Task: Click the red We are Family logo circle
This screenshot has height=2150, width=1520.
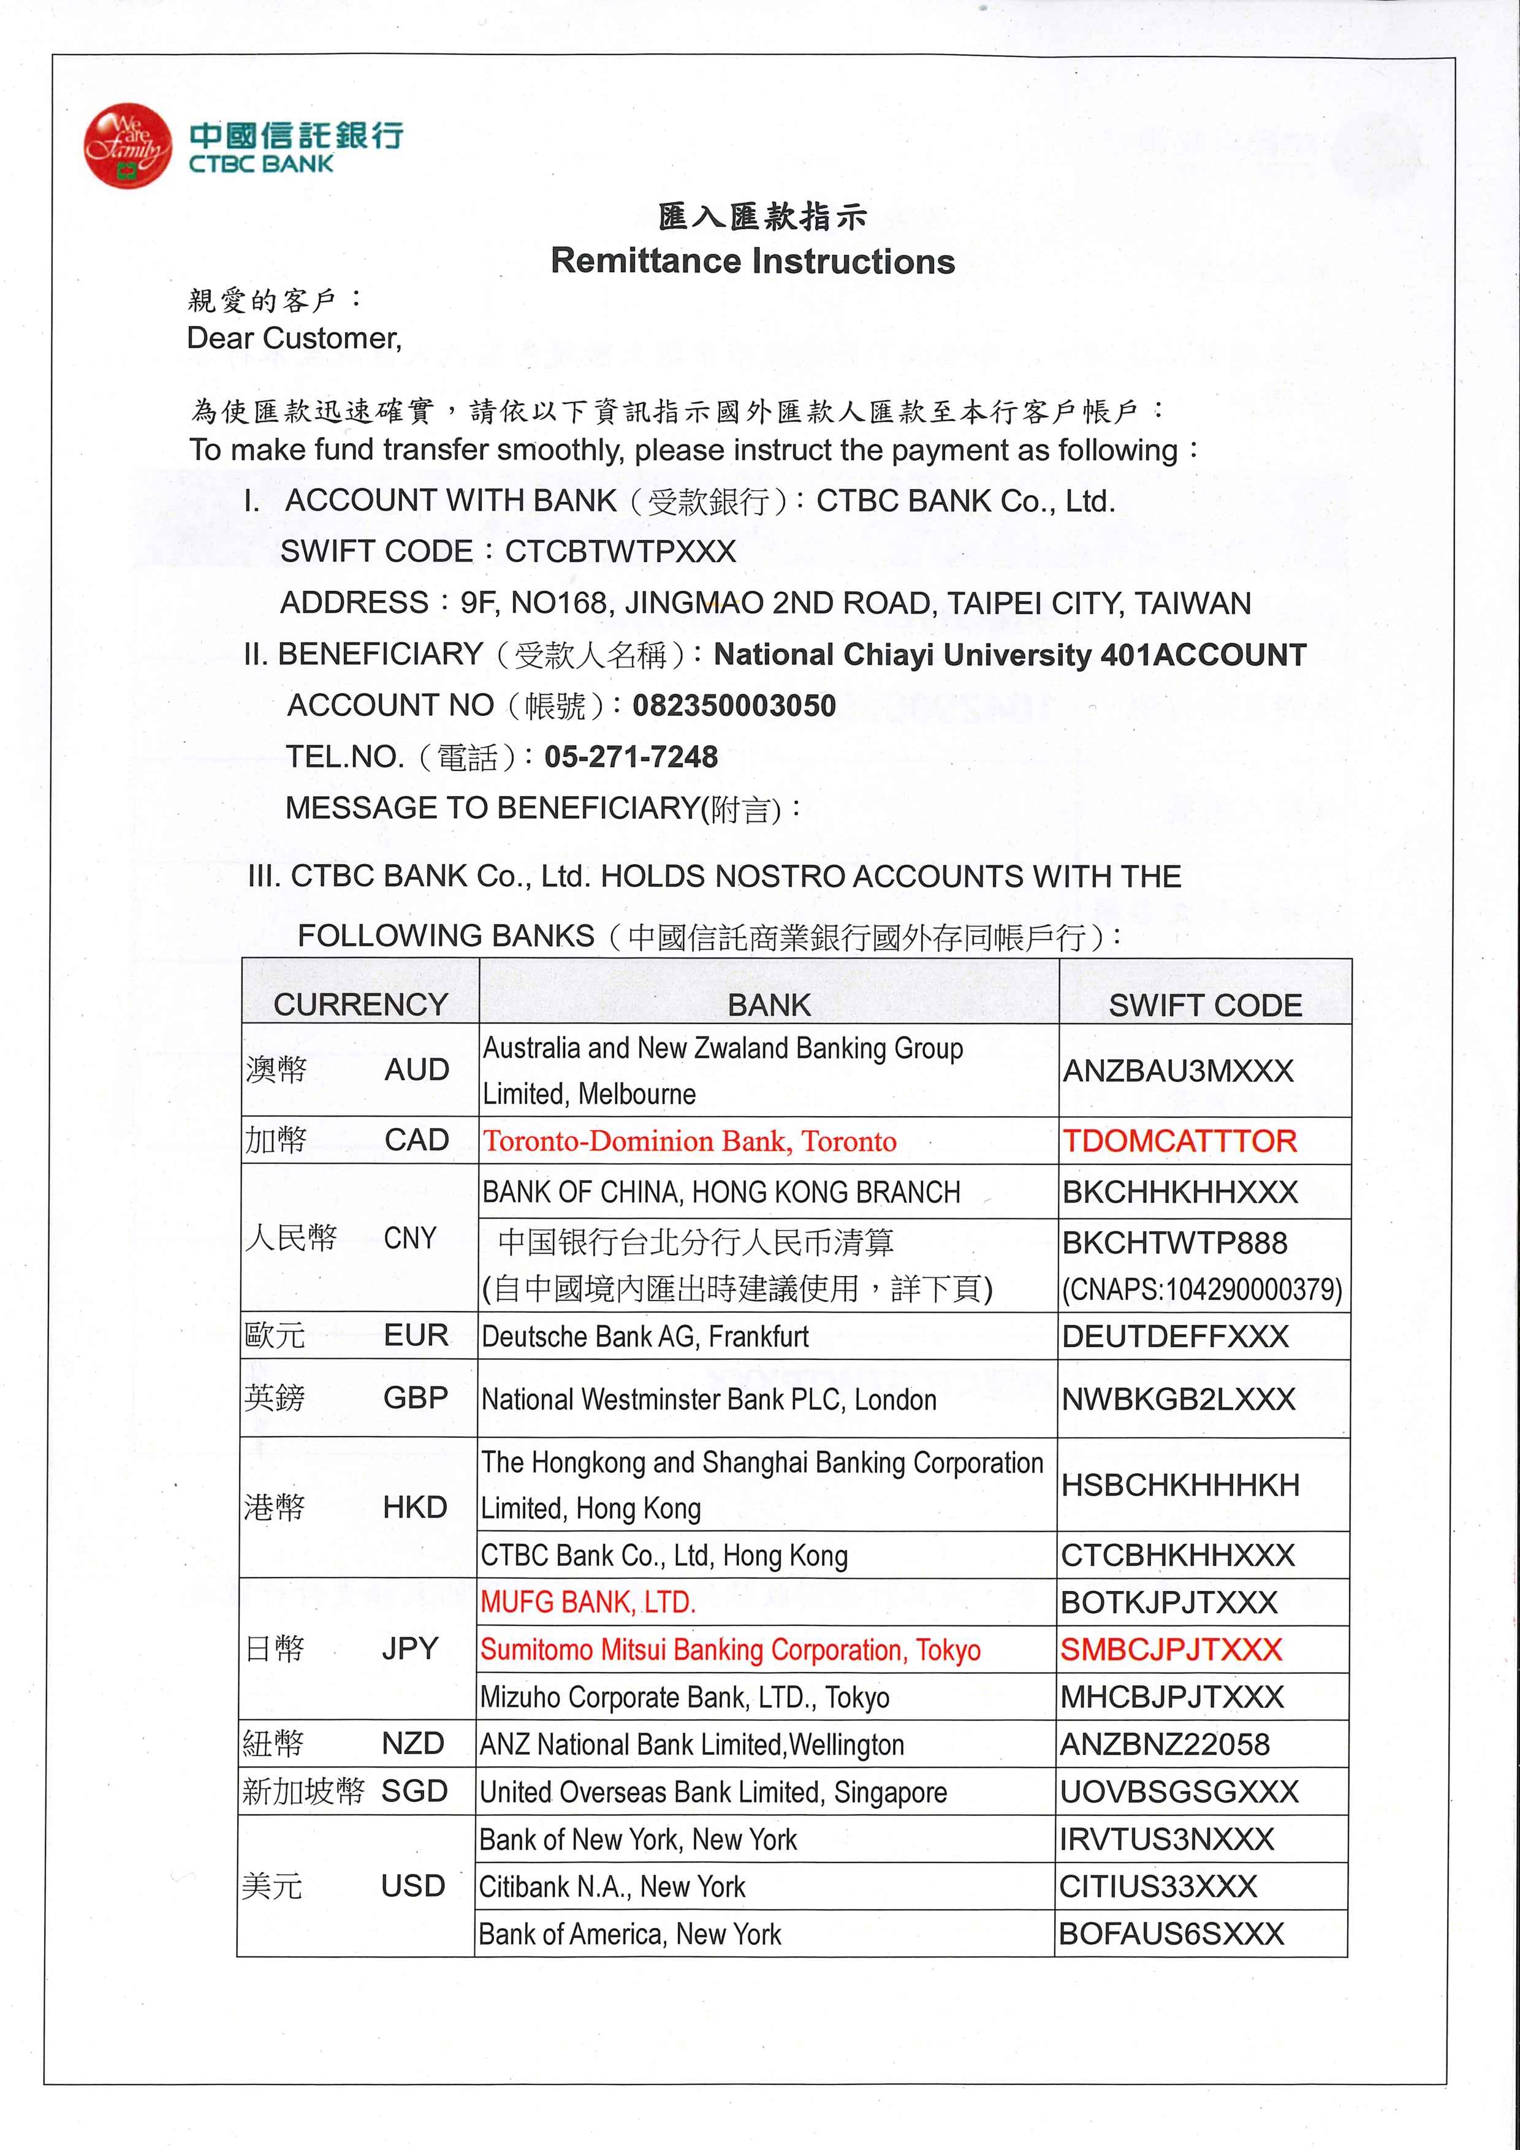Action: coord(127,145)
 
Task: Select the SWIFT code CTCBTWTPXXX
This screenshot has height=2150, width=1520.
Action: coord(620,552)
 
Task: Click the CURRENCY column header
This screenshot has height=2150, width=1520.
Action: coord(360,1004)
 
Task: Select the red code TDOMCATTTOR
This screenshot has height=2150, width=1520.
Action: coord(1179,1141)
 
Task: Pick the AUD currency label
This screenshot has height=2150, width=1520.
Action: coord(417,1069)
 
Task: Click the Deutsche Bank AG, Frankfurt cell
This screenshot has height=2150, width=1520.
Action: coord(645,1336)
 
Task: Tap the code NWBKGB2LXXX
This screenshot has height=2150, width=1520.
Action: coord(1178,1400)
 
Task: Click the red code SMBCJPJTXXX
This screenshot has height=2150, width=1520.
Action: coord(1171,1650)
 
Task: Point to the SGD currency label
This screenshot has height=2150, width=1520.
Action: coord(414,1791)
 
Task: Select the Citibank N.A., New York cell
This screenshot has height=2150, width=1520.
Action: coord(612,1887)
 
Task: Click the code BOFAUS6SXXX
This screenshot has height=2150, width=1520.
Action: coord(1171,1934)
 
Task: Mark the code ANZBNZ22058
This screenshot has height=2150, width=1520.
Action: coord(1164,1744)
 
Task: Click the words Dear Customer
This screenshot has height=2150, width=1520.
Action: coord(294,338)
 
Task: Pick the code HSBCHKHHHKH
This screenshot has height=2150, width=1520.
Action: coord(1180,1485)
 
